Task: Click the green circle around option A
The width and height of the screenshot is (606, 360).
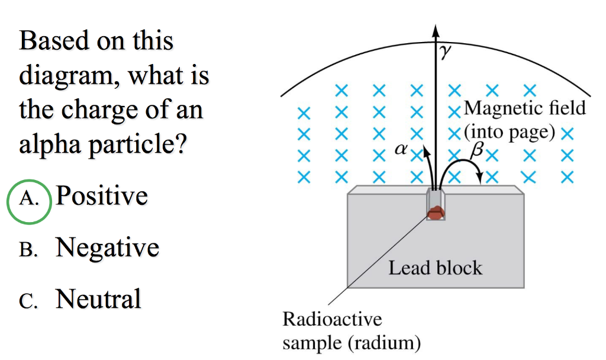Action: (28, 201)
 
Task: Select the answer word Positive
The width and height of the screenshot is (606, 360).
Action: (101, 195)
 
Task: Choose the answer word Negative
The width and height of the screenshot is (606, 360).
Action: (107, 247)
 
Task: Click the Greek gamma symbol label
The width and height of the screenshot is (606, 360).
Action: (445, 53)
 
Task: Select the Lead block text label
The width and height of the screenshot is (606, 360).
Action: (435, 268)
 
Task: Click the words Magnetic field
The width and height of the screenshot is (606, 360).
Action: (524, 108)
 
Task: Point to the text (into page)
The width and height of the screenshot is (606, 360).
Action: (510, 131)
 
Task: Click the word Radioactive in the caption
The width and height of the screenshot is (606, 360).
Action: (332, 319)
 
